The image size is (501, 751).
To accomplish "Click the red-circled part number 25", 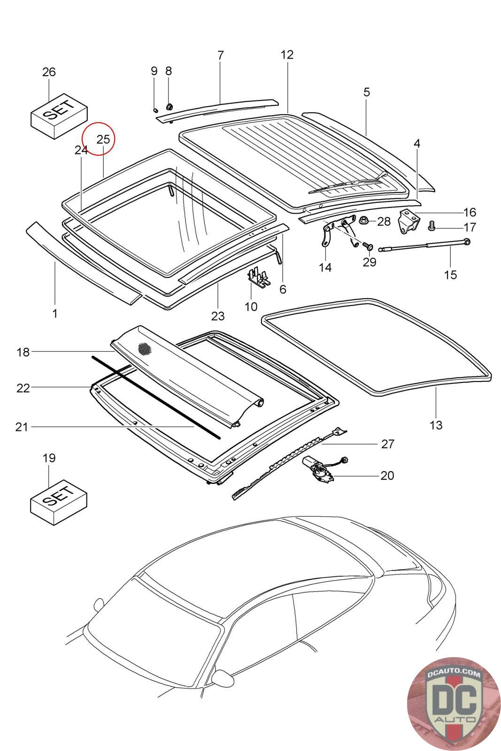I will tap(103, 139).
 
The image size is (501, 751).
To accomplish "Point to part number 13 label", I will tap(436, 425).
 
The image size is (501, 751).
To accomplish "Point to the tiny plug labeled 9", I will tap(154, 109).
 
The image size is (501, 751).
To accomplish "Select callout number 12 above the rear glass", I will tap(287, 55).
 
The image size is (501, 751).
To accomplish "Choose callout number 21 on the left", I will tap(22, 427).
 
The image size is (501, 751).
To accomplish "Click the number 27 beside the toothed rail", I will tap(387, 444).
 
